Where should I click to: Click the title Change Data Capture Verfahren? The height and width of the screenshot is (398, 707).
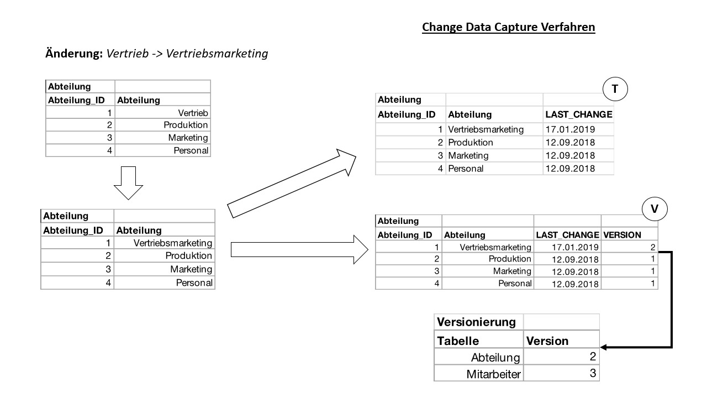(x=508, y=27)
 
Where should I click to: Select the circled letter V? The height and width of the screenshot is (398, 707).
(x=654, y=210)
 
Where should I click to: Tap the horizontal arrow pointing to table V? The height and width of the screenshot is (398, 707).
(x=299, y=249)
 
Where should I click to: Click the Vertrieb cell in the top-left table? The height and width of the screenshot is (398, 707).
(x=193, y=113)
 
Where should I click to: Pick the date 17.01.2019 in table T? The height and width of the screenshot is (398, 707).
(x=570, y=129)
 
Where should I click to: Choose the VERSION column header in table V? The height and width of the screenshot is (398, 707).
(x=622, y=235)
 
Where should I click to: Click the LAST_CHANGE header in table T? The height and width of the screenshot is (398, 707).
(x=578, y=115)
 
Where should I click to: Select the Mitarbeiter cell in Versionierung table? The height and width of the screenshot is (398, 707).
(x=493, y=374)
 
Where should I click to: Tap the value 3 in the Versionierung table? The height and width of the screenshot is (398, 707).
(x=592, y=374)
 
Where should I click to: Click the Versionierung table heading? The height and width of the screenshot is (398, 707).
(x=476, y=322)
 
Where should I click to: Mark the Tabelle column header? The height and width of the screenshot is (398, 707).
(x=458, y=341)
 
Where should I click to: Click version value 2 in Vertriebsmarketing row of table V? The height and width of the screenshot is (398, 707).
(x=652, y=247)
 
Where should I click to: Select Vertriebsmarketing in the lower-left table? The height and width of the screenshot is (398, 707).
(x=172, y=243)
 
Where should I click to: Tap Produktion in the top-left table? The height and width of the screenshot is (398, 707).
(x=186, y=125)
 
